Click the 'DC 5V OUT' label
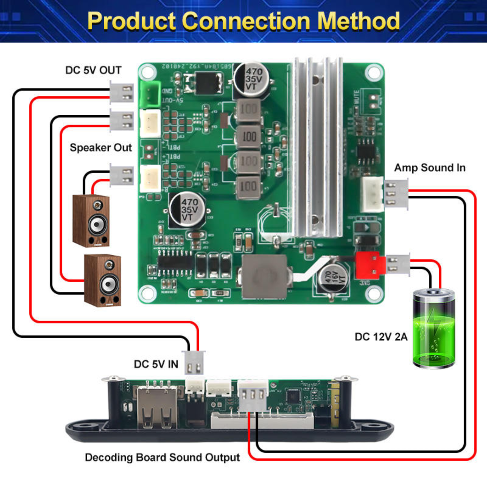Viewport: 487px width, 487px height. pos(93,70)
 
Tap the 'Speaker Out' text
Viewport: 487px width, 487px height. pos(101,147)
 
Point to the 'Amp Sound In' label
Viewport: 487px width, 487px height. pos(429,168)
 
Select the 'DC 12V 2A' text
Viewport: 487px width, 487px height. pos(381,337)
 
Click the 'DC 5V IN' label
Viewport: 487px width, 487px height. pos(156,364)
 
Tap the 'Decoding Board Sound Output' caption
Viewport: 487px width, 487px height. pos(162,457)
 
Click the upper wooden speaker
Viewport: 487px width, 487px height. pos(91,221)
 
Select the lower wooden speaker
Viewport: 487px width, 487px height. pos(102,280)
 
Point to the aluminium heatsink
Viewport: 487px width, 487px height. pos(317,146)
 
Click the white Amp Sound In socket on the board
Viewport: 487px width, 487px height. pos(372,194)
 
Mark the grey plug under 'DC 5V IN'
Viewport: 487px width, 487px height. pos(194,362)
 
